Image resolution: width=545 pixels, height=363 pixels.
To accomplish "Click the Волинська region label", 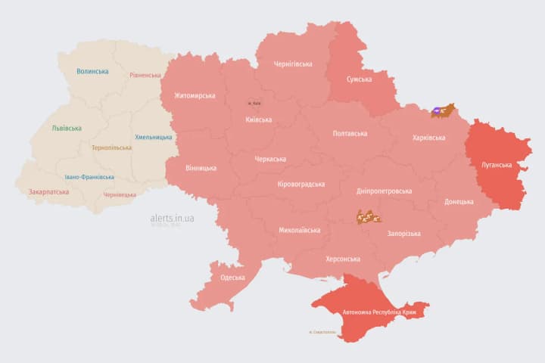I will (92, 72).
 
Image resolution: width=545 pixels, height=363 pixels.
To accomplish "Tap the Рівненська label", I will (145, 76).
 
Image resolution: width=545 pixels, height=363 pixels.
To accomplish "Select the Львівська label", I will (67, 129).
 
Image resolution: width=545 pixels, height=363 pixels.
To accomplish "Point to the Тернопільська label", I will (111, 147).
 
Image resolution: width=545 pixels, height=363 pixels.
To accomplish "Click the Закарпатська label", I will (48, 192).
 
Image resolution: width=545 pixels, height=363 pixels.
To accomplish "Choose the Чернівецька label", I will (120, 194).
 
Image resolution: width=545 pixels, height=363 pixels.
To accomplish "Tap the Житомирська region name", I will (195, 96).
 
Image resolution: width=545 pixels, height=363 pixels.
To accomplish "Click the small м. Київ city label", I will (255, 104).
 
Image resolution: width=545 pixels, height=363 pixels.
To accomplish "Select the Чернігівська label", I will (293, 64).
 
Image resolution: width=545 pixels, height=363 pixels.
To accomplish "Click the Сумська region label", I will (359, 79).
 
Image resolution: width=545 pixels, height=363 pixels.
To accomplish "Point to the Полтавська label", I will (350, 134).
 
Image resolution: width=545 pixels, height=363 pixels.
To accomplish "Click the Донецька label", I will (459, 202).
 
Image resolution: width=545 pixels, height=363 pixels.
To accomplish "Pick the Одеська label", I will (232, 278).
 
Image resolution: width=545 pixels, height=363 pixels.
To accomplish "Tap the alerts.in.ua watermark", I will (172, 218).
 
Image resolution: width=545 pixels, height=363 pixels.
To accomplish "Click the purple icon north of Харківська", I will (438, 111).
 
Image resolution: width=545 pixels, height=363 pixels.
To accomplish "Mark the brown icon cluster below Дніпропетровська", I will (369, 218).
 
